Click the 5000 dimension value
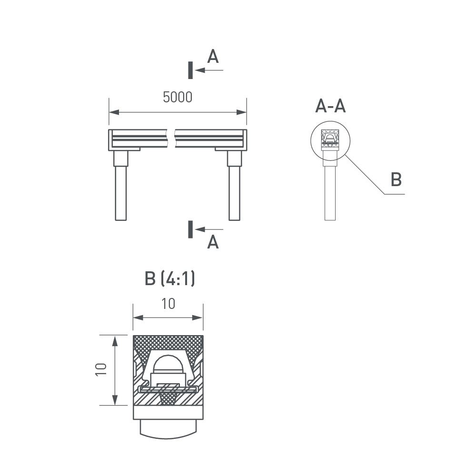coord(178,97)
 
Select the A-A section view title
coord(330,106)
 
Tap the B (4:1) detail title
coord(170,278)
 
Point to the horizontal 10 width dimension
coord(168,304)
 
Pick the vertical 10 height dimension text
coord(101,370)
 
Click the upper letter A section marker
coord(213,56)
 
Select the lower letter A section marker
coord(213,242)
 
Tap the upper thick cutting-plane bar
coord(190,70)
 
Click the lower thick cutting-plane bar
coord(190,229)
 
